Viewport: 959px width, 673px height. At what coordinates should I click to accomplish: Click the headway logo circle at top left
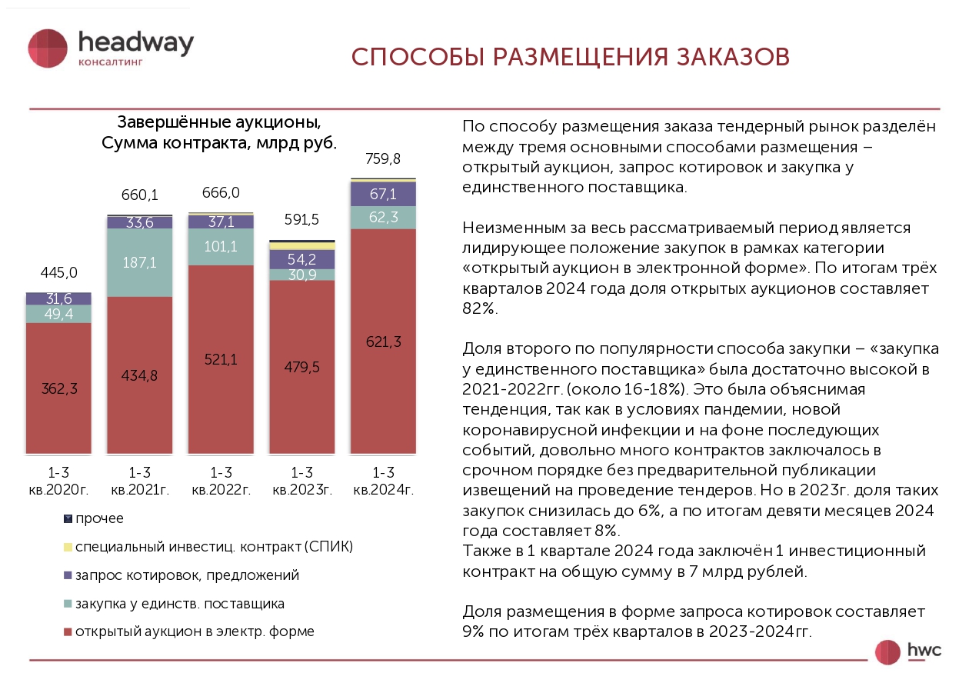(48, 48)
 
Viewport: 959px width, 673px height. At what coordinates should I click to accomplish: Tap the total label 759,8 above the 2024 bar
(383, 160)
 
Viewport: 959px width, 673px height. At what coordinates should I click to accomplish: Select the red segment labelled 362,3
(58, 388)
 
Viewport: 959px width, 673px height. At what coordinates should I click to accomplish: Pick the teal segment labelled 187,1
(140, 262)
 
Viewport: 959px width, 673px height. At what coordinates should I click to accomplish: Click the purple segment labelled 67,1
(383, 194)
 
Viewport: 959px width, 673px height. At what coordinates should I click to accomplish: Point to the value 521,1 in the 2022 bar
(221, 359)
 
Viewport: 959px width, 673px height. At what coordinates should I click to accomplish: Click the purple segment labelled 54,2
(302, 259)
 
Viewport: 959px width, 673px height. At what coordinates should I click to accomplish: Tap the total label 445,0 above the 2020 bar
(58, 273)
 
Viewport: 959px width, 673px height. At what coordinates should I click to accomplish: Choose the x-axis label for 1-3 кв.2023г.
(302, 481)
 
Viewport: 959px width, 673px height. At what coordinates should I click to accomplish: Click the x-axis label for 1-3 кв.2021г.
(140, 481)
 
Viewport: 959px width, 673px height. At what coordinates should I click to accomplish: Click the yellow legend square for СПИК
(68, 547)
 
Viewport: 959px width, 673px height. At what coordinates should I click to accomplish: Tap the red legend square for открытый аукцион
(68, 631)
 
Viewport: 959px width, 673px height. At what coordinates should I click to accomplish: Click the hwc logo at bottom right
(907, 651)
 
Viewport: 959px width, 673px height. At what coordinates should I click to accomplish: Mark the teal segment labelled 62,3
(383, 217)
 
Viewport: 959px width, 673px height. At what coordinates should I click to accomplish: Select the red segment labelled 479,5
(302, 367)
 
